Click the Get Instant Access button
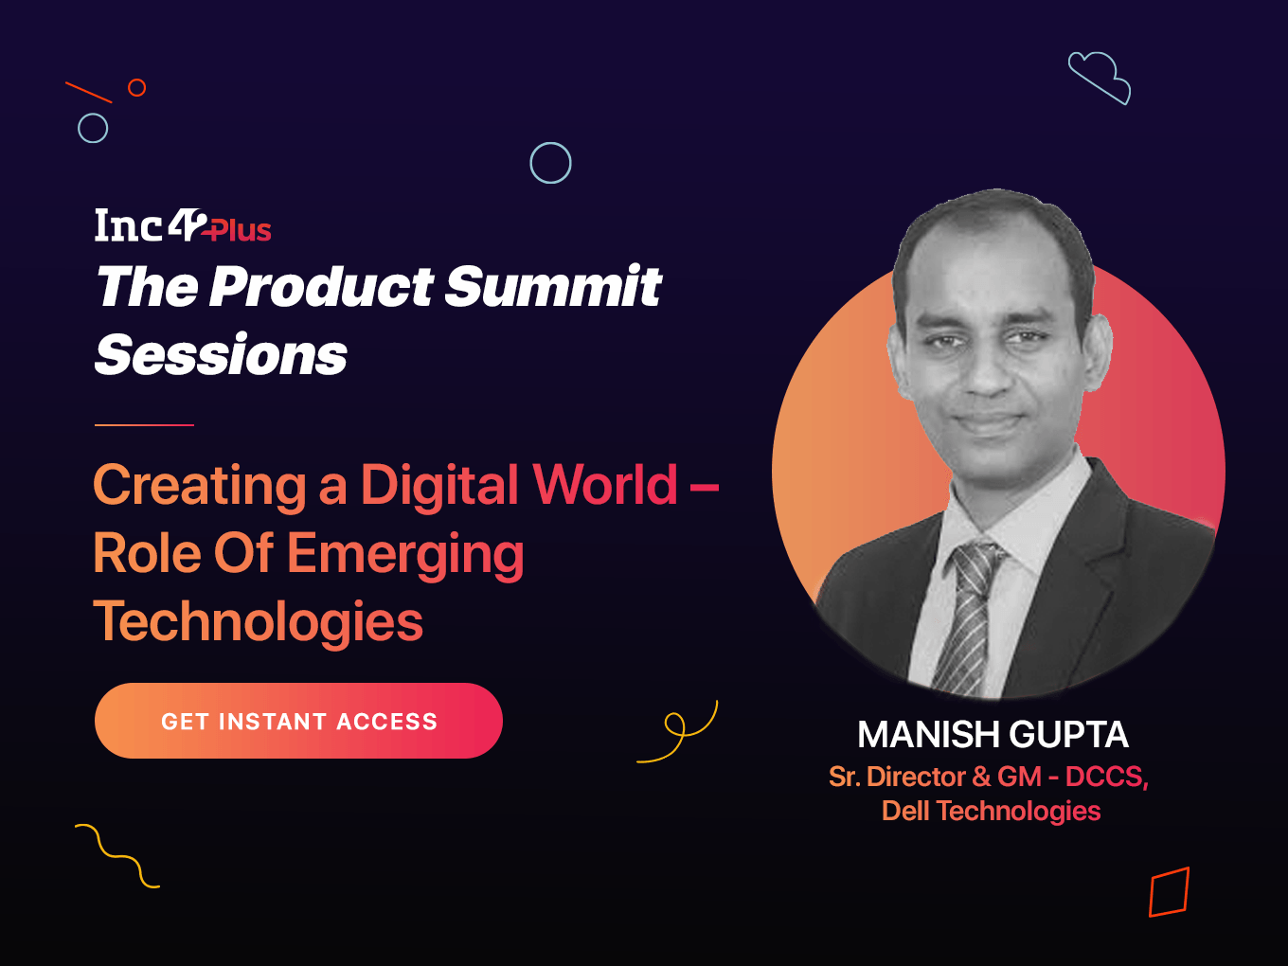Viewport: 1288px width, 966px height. click(298, 721)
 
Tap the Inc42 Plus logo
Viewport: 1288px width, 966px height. click(183, 225)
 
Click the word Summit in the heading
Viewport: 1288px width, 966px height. click(553, 286)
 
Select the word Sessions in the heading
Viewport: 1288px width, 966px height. click(221, 354)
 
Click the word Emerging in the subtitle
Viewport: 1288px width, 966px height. click(405, 554)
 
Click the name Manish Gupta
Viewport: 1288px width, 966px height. click(993, 734)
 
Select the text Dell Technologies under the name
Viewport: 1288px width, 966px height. click(991, 812)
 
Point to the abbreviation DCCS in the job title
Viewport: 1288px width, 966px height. click(1103, 777)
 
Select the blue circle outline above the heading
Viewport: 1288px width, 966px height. click(550, 143)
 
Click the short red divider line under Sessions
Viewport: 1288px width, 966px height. click(144, 424)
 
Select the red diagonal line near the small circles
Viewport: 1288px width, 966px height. click(89, 92)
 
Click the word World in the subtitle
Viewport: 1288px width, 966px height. click(604, 485)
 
